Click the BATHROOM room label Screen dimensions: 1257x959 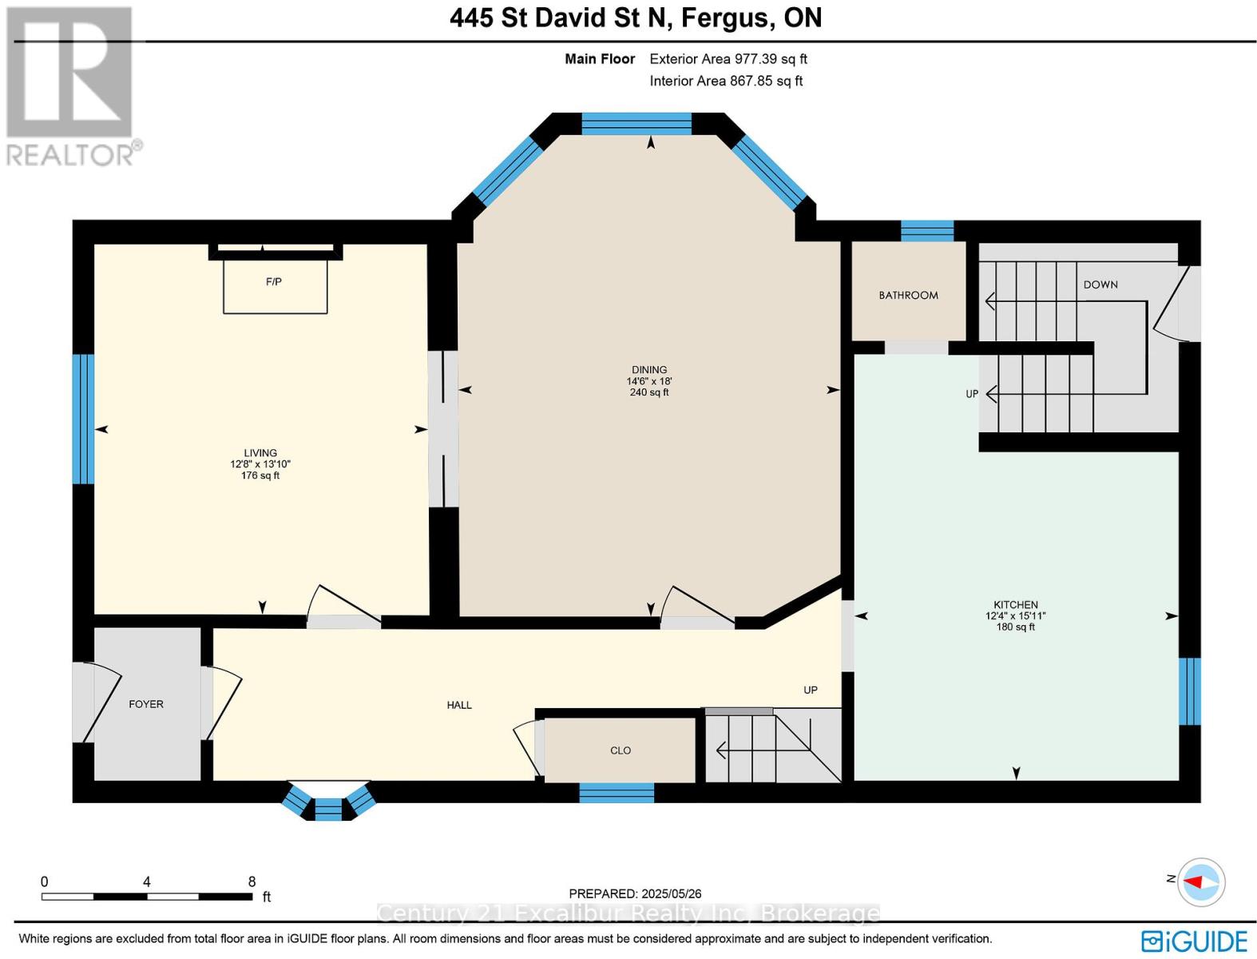tap(908, 295)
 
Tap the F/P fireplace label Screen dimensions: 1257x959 tap(273, 282)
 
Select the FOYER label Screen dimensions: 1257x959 tap(146, 704)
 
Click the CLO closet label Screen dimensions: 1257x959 tap(621, 750)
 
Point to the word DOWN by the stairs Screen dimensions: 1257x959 tap(1100, 285)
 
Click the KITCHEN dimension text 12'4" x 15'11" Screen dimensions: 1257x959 tap(1015, 616)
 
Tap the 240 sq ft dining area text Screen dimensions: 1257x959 tap(649, 392)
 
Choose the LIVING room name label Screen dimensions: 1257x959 tap(260, 453)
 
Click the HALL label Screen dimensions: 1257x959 tap(459, 705)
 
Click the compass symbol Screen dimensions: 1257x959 tap(1201, 882)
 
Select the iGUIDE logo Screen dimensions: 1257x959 tap(1194, 941)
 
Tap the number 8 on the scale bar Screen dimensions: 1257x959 tap(252, 881)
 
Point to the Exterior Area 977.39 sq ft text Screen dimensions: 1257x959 tap(728, 59)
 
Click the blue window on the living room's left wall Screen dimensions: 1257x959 tap(84, 420)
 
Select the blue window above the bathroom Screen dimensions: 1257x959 tap(927, 231)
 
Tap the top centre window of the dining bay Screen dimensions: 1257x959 tap(636, 124)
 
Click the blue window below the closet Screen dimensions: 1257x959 tap(617, 793)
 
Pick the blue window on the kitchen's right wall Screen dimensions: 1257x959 tap(1189, 691)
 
